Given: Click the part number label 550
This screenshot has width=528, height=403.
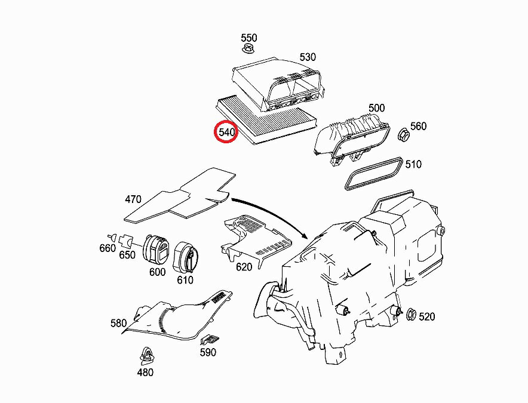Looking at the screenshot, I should (x=249, y=38).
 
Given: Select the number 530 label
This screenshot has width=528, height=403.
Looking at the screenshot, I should (x=308, y=57).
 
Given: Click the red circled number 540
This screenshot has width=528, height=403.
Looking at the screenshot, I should (x=226, y=132).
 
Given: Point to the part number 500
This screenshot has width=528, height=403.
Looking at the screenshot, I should (x=377, y=107).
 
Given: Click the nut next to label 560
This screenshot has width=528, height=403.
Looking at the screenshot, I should (x=402, y=134).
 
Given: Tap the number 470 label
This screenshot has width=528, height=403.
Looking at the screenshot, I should (x=133, y=199).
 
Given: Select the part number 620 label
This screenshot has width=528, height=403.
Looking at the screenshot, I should (x=244, y=267).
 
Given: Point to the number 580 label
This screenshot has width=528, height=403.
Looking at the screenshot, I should (x=118, y=323).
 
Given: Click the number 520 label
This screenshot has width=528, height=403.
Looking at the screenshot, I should (x=427, y=316).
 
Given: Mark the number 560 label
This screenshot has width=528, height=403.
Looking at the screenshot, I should (x=419, y=126).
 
